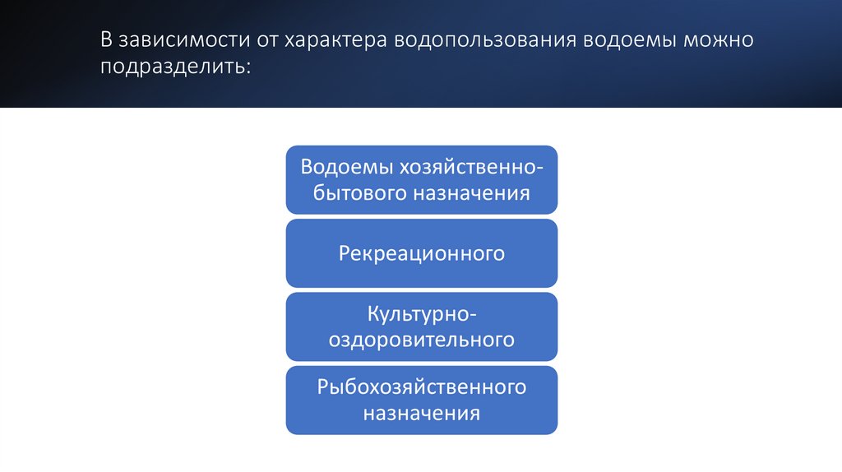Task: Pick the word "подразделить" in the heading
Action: tap(173, 66)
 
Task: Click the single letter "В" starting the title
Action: tap(107, 40)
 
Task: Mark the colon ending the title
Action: tap(246, 67)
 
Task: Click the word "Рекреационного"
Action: tap(421, 253)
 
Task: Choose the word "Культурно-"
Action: tap(422, 313)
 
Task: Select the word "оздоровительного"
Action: tap(422, 340)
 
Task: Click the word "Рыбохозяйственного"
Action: tap(422, 386)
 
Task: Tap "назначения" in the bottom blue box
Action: tap(422, 413)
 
